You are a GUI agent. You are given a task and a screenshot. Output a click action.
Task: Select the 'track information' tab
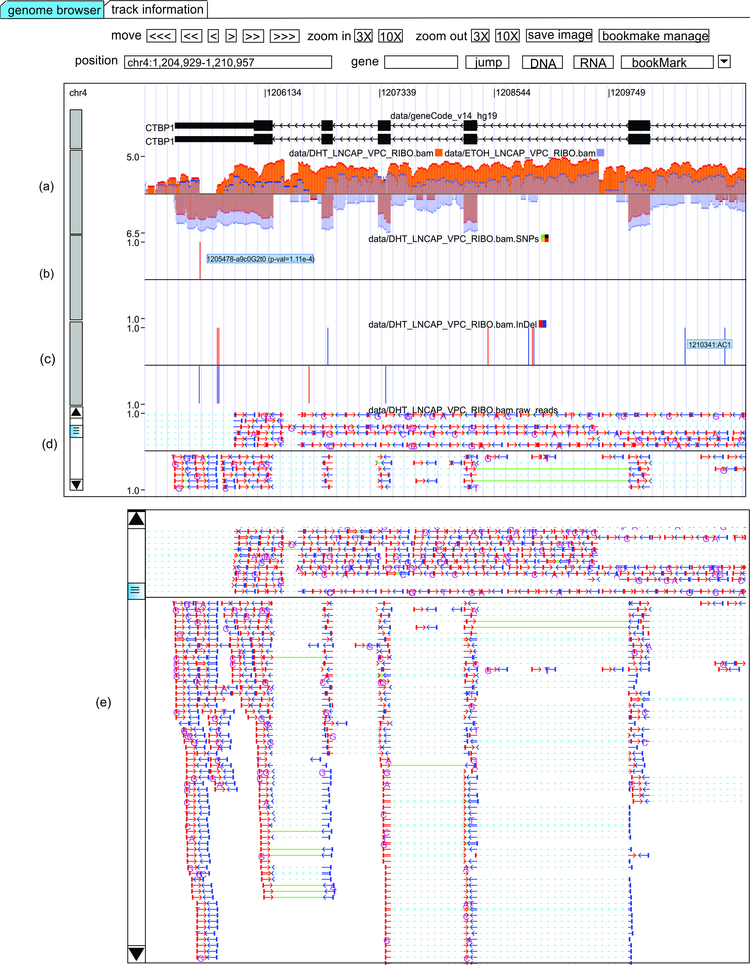click(157, 9)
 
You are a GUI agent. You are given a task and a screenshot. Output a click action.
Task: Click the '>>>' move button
click(284, 36)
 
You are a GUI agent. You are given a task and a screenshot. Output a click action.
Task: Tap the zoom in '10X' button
click(390, 36)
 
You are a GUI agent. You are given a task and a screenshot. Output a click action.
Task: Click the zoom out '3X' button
click(480, 36)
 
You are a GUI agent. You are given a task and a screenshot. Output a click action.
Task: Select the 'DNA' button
click(542, 63)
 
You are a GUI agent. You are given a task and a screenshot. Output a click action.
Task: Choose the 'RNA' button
click(593, 63)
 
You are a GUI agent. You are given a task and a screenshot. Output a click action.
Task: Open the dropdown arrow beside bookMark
click(724, 61)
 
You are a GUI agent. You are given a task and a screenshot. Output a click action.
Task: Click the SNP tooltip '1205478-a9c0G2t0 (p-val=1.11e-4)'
click(261, 259)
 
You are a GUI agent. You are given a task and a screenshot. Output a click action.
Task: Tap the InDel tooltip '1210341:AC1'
click(709, 344)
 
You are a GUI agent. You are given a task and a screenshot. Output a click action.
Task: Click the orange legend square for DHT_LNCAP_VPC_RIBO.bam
click(439, 153)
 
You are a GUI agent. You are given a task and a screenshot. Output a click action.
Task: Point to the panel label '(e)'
click(103, 702)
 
